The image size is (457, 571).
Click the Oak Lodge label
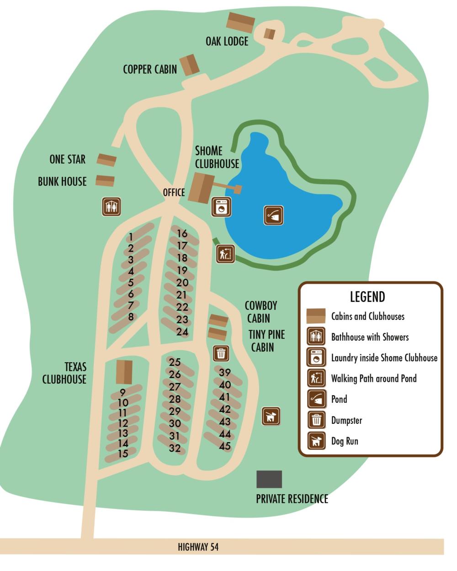coord(227,41)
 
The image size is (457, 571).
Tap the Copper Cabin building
coord(189,65)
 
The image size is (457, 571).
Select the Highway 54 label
coord(198,547)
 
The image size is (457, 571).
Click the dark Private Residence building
coord(269,479)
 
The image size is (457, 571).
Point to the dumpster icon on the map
coord(221,353)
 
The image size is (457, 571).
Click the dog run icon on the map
coord(271,416)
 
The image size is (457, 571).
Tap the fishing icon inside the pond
coord(273,215)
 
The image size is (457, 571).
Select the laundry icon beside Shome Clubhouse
coord(221,207)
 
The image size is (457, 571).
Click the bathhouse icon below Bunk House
coord(111,206)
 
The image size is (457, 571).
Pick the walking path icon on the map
coord(225,254)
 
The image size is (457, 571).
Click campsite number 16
coord(182,234)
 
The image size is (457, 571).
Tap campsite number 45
coord(224,446)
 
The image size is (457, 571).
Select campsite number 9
coord(122,392)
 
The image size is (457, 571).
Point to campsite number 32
coord(175,448)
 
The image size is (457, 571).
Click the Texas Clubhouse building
coord(124,372)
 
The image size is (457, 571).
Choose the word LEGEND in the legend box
coord(367,297)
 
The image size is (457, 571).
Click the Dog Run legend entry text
coord(345,441)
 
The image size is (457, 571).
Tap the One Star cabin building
coord(106,160)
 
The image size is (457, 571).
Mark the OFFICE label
coord(174,192)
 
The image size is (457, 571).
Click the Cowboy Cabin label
coord(260,312)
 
